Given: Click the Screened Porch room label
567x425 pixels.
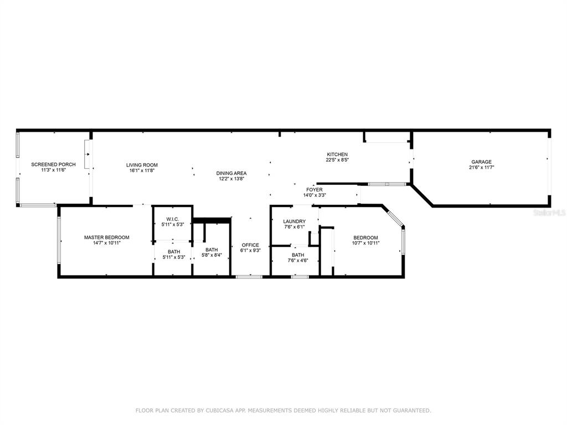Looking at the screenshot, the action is (53, 164).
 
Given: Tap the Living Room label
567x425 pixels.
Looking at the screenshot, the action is (142, 165).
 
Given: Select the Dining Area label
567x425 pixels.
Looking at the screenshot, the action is (231, 173).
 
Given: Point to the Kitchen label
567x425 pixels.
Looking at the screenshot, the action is (337, 154).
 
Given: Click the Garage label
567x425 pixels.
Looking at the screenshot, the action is (481, 162).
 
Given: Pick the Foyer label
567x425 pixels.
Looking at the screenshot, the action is (315, 190).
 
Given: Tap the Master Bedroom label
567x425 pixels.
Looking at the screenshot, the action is (107, 237).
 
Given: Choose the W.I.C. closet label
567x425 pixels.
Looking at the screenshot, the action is (173, 219).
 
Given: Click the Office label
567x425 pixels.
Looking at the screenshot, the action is (250, 245).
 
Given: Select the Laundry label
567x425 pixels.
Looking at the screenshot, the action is (295, 221).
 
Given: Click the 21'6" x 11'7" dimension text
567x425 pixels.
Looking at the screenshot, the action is (481, 167).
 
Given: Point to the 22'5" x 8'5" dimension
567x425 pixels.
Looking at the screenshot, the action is (337, 160).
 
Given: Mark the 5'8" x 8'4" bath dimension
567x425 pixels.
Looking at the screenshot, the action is (212, 255).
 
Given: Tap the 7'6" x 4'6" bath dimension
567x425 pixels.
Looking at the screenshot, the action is (298, 260).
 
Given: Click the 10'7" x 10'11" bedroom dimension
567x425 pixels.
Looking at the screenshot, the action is (365, 243).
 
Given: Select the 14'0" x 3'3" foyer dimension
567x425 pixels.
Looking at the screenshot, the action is (315, 195).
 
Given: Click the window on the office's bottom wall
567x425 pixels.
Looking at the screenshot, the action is (249, 277).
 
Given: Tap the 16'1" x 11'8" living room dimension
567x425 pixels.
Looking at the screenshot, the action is (142, 170).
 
